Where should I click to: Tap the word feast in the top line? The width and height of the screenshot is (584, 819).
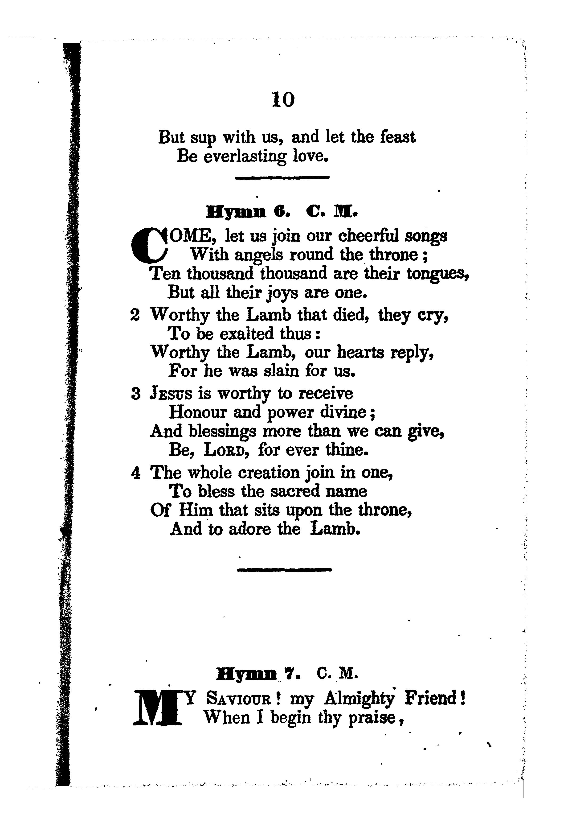[397, 137]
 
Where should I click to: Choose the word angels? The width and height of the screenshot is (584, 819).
[259, 255]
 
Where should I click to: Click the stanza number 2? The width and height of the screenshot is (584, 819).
[135, 315]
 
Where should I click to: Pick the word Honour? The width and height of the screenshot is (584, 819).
[198, 412]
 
